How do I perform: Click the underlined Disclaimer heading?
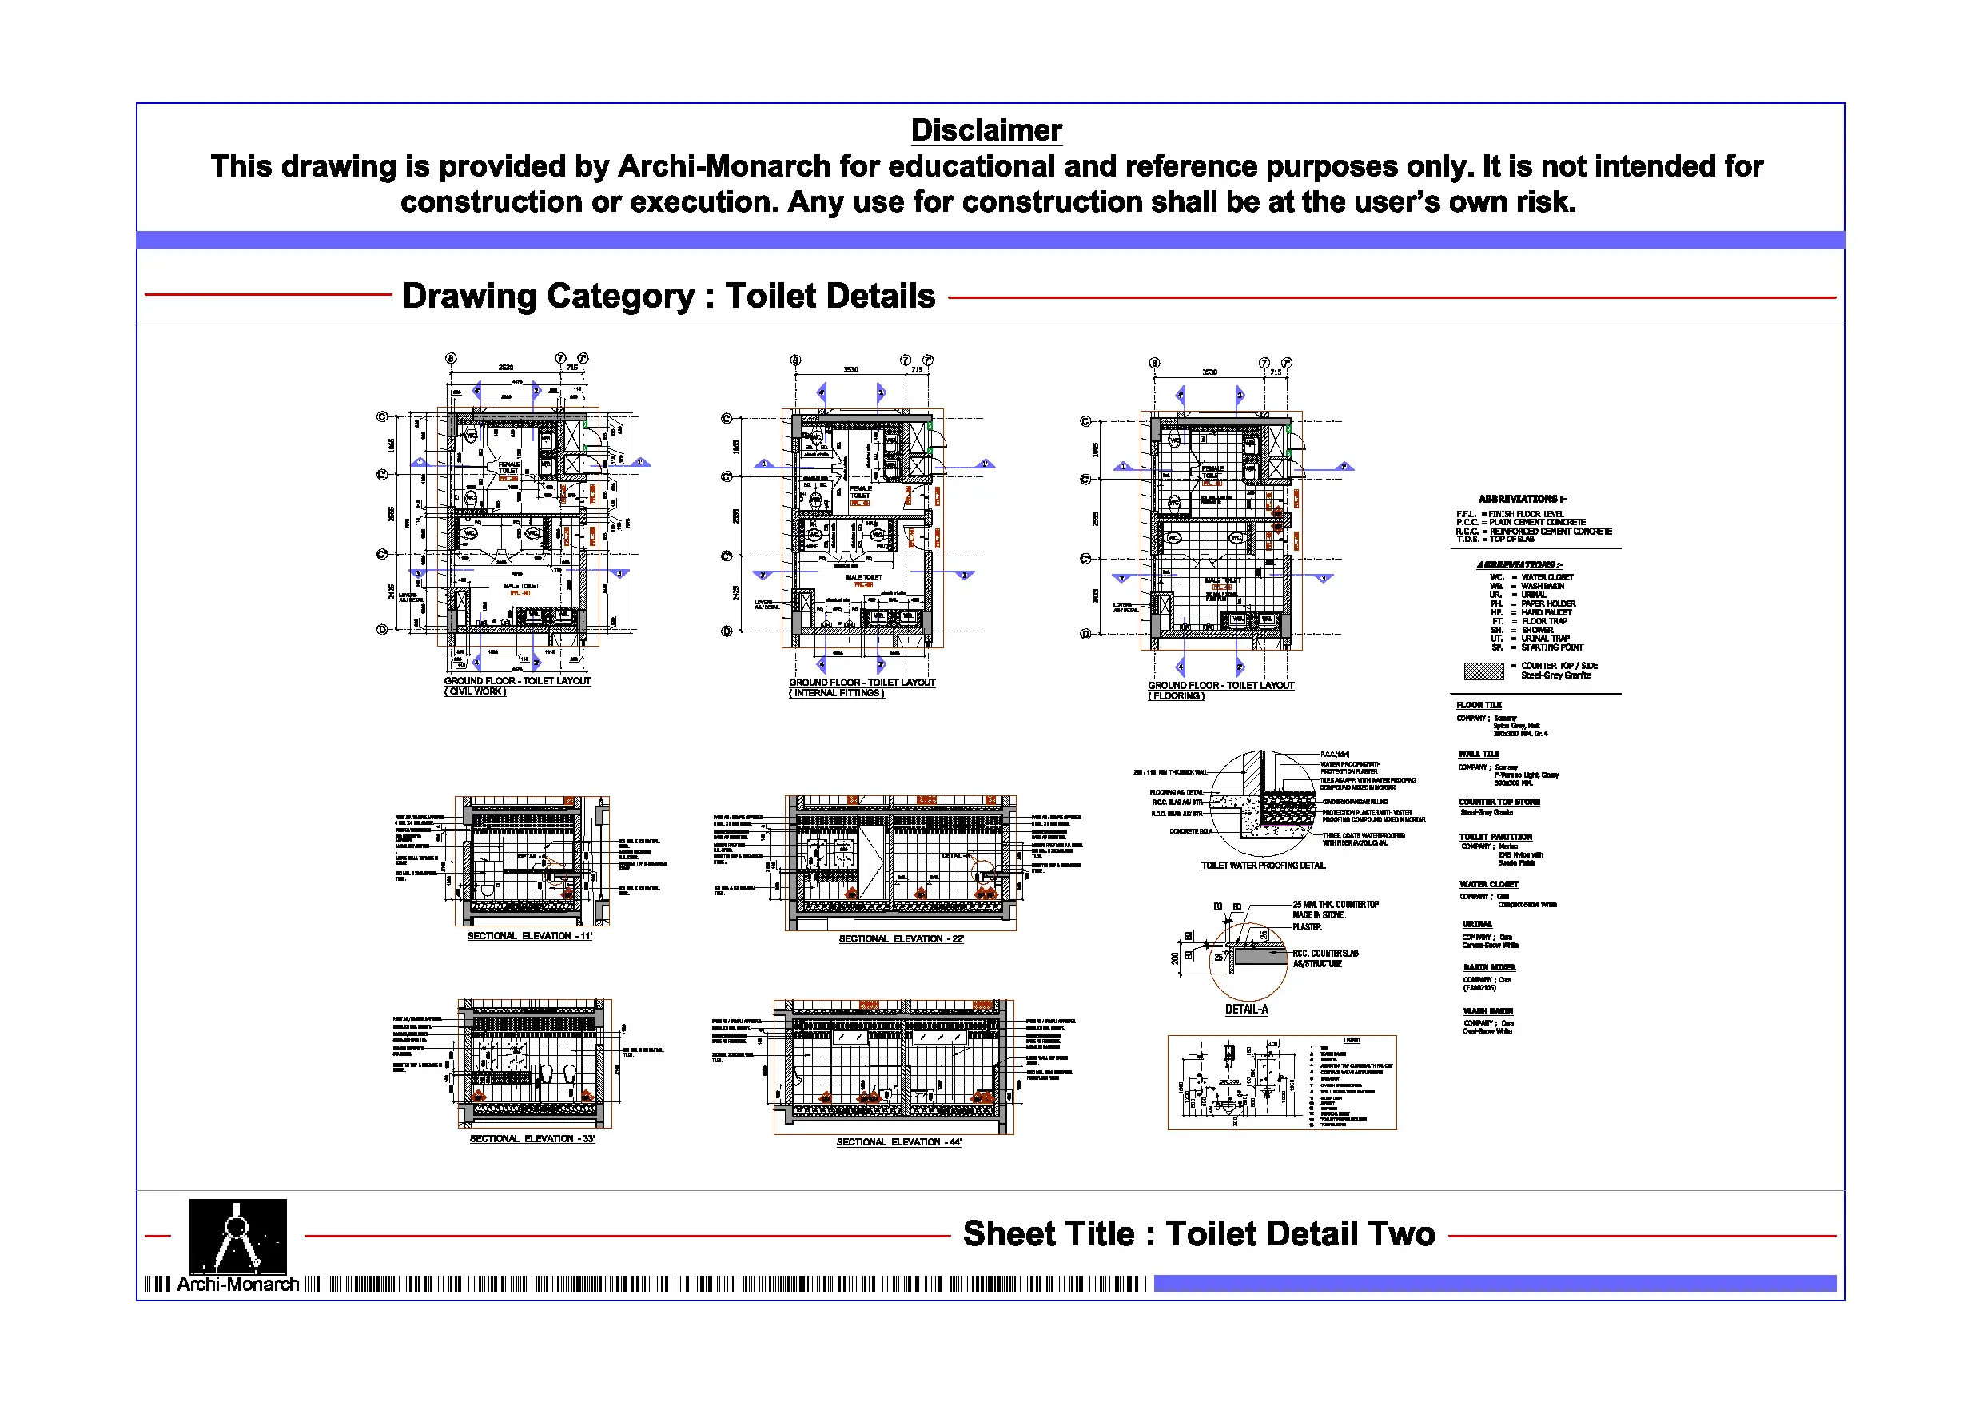click(x=986, y=130)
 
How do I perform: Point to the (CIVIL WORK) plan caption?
click(x=475, y=692)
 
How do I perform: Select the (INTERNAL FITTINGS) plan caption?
click(x=836, y=694)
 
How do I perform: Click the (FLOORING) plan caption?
click(x=1176, y=696)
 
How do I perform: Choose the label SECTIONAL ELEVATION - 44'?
click(x=898, y=1143)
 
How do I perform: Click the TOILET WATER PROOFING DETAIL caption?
click(x=1263, y=866)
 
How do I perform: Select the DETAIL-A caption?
click(x=1246, y=1010)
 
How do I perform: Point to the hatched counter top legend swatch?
click(x=1483, y=671)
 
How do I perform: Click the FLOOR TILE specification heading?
click(x=1479, y=706)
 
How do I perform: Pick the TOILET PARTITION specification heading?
click(x=1495, y=837)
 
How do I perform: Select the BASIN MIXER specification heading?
click(x=1489, y=967)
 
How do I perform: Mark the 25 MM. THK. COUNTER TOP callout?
click(x=1336, y=906)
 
